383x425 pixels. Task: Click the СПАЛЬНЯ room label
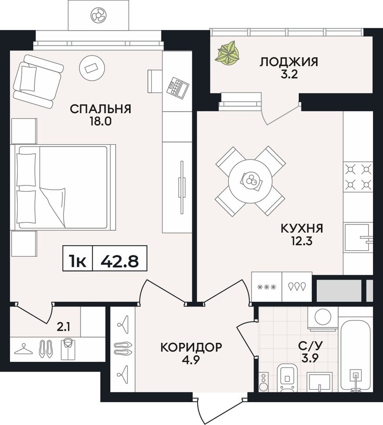pyautogui.click(x=100, y=109)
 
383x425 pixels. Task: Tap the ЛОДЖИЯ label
pyautogui.click(x=289, y=62)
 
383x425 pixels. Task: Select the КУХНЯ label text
pyautogui.click(x=302, y=228)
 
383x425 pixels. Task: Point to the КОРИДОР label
pyautogui.click(x=191, y=347)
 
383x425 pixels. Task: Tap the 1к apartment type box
pyautogui.click(x=78, y=258)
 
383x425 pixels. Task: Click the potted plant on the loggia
pyautogui.click(x=227, y=53)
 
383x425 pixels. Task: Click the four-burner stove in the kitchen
pyautogui.click(x=358, y=177)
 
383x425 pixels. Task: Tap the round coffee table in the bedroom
pyautogui.click(x=92, y=68)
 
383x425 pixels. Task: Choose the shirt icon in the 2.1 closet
pyautogui.click(x=68, y=350)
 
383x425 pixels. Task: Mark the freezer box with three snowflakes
pyautogui.click(x=266, y=287)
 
